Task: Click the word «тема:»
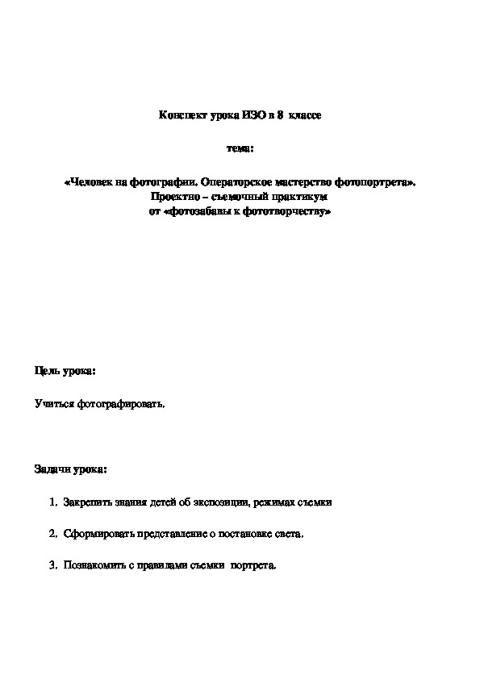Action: click(x=240, y=148)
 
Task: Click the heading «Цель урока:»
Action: click(x=65, y=370)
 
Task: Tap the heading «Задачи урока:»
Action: click(x=70, y=469)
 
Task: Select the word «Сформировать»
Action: click(x=96, y=534)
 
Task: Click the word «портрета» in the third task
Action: click(x=253, y=566)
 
